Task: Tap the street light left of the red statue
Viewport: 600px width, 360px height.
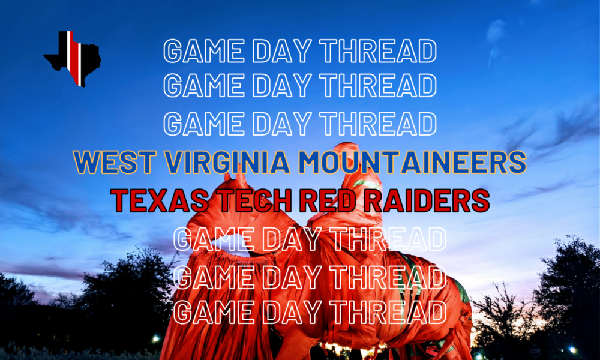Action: click(x=157, y=339)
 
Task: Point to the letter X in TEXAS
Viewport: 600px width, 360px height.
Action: click(x=155, y=200)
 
